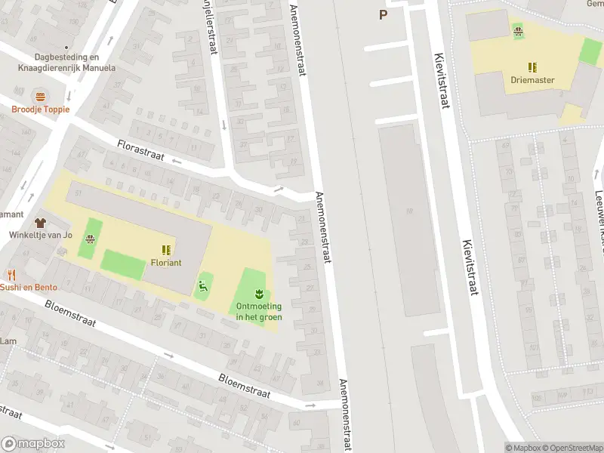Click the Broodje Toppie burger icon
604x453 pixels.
pyautogui.click(x=39, y=96)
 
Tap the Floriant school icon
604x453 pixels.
pyautogui.click(x=165, y=249)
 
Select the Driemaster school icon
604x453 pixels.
pyautogui.click(x=532, y=67)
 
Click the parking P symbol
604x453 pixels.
pyautogui.click(x=383, y=14)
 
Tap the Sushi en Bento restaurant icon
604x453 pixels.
pyautogui.click(x=11, y=275)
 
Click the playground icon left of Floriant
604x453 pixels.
pyautogui.click(x=91, y=241)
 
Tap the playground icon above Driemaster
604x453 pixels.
pyautogui.click(x=518, y=29)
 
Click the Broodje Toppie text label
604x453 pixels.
pyautogui.click(x=40, y=109)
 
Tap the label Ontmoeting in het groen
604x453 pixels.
pyautogui.click(x=259, y=311)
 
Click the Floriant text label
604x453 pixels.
pyautogui.click(x=165, y=263)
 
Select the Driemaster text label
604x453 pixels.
pyautogui.click(x=532, y=80)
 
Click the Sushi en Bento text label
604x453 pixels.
pyautogui.click(x=28, y=287)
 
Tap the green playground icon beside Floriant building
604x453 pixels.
pyautogui.click(x=202, y=285)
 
